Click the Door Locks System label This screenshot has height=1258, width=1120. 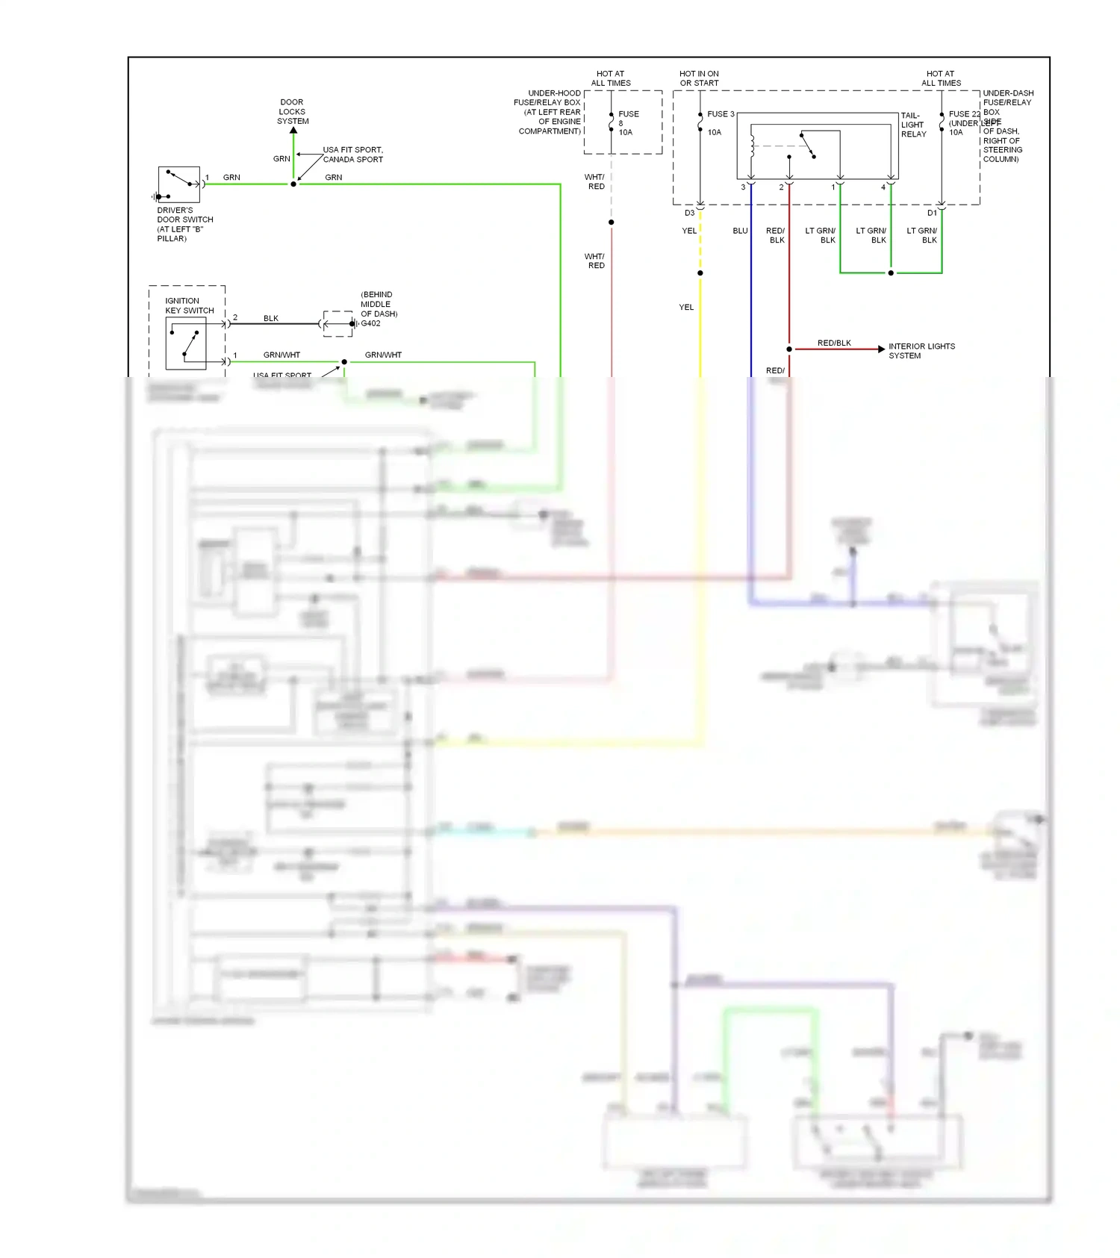292,111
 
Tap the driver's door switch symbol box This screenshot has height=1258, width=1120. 179,184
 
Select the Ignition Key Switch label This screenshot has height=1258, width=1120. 189,305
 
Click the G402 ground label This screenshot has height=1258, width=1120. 371,323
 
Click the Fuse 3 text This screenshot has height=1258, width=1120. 721,114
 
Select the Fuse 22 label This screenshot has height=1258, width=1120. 964,114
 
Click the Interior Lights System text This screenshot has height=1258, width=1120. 921,351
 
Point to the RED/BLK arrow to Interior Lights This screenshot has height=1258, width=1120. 881,349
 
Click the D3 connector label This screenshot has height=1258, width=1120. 689,213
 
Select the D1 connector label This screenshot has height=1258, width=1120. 932,213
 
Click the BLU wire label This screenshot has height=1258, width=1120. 740,231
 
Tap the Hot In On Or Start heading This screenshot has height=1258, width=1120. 699,78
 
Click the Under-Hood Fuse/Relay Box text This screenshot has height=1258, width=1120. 549,112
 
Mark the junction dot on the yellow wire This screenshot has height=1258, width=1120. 700,273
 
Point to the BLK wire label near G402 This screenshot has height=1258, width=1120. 270,318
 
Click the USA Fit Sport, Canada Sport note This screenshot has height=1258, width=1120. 352,155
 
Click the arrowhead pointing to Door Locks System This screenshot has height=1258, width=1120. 293,131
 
